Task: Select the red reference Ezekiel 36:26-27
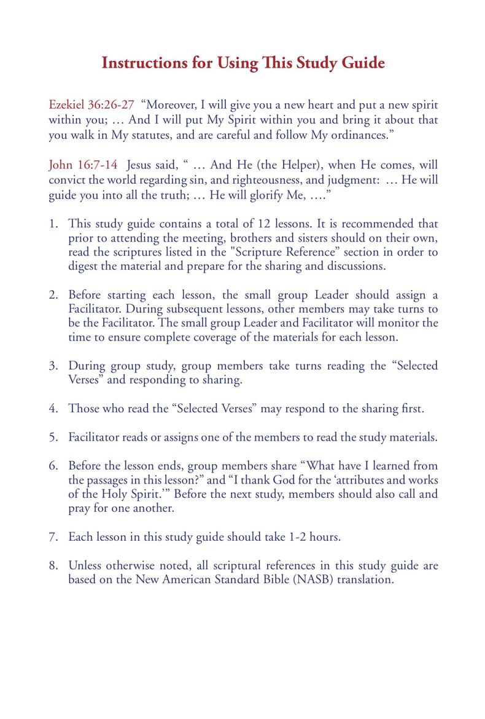[91, 104]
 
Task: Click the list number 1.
[53, 224]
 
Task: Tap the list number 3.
[53, 366]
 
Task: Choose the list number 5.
[53, 438]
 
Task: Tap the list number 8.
[53, 565]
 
